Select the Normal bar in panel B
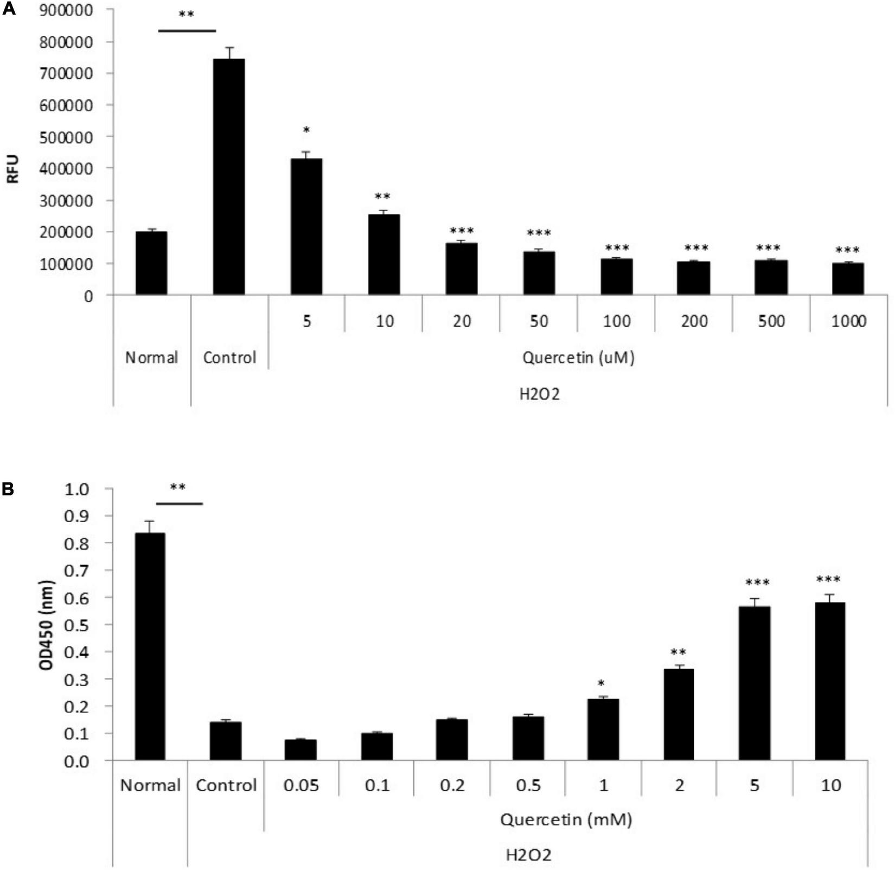point(150,646)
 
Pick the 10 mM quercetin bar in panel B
point(830,681)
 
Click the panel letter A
point(9,9)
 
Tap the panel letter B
point(8,489)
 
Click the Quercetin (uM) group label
point(578,358)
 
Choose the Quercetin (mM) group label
point(566,819)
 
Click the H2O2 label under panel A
point(539,395)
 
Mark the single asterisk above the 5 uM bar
point(306,130)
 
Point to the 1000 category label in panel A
point(848,321)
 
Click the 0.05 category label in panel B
point(301,785)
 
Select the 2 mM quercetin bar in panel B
point(679,714)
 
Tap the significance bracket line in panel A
point(187,31)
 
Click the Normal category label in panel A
point(151,358)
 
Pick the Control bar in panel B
point(226,741)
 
